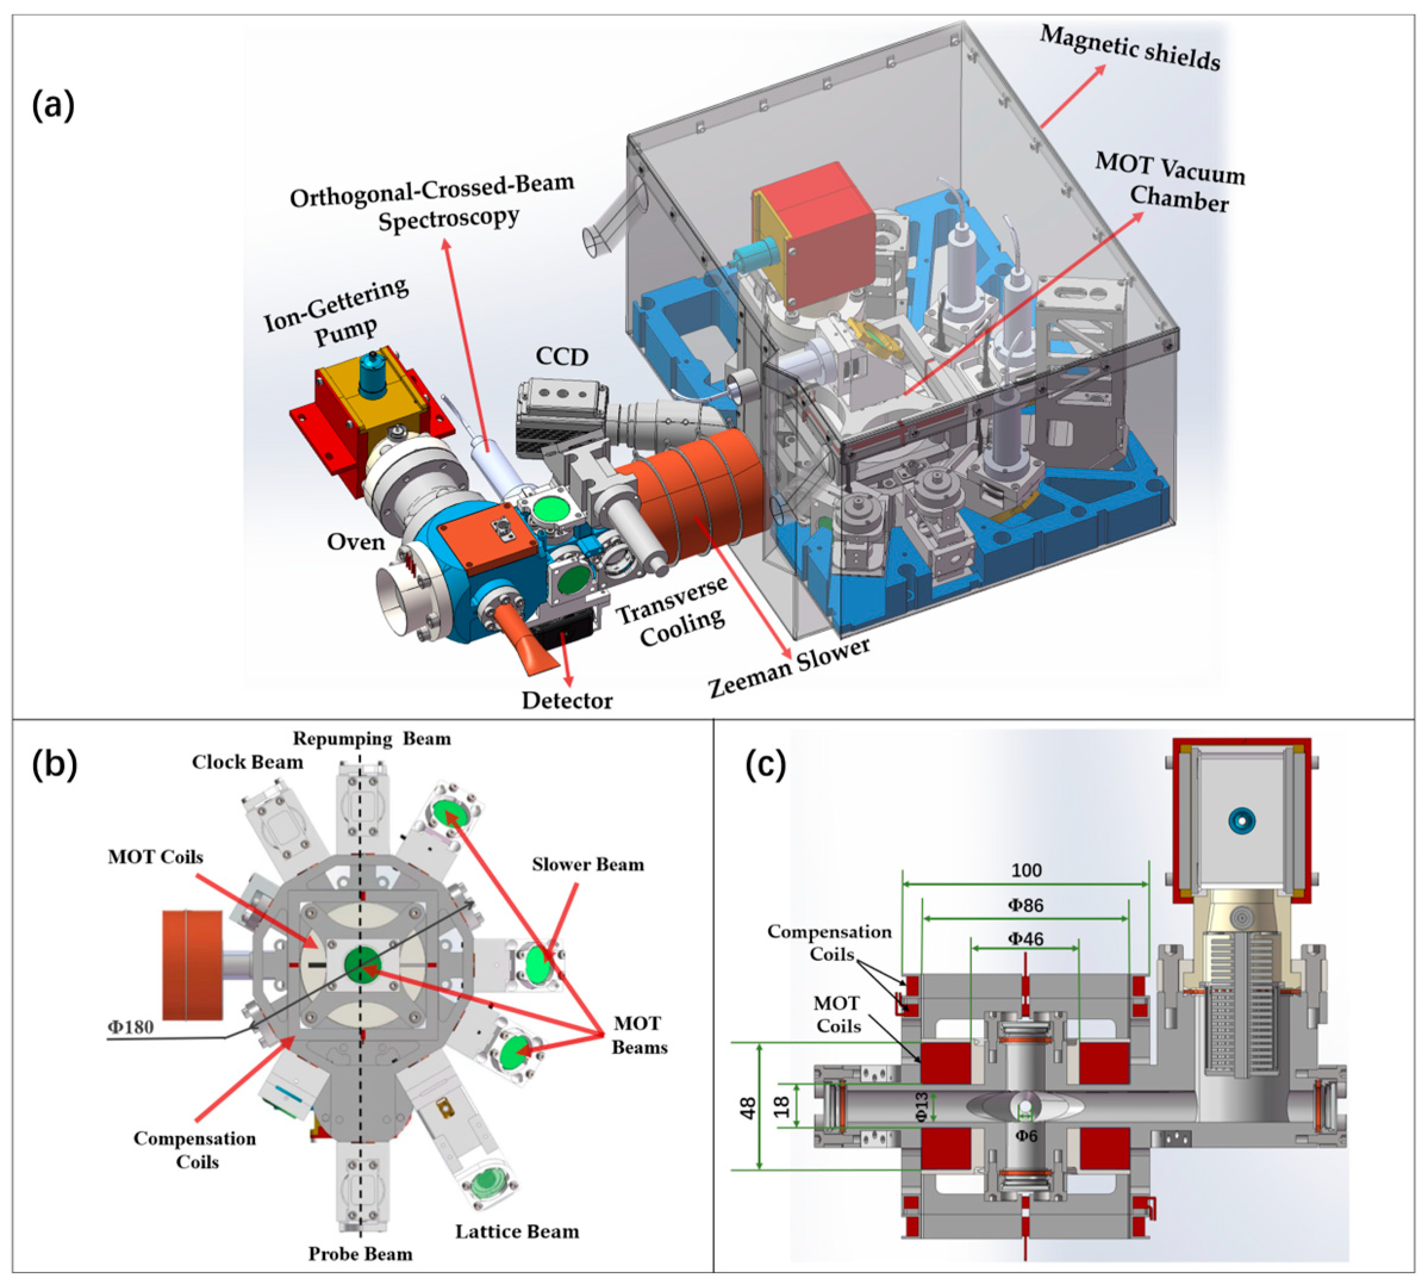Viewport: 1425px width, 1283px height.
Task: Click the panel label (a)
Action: (x=53, y=107)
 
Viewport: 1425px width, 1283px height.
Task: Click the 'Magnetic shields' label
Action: (x=1130, y=48)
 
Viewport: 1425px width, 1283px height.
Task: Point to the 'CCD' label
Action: (x=562, y=357)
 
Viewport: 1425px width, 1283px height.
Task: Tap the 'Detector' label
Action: (x=567, y=701)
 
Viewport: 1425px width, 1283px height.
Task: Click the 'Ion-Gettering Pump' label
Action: (x=337, y=313)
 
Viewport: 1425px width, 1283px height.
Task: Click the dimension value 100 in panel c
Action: (x=1026, y=870)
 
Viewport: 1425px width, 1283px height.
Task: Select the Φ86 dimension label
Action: (x=1026, y=905)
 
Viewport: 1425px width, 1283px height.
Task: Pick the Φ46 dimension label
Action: (x=1026, y=939)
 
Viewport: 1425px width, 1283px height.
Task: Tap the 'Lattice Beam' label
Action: (x=517, y=1232)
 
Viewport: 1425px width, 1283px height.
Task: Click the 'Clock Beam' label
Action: (x=248, y=762)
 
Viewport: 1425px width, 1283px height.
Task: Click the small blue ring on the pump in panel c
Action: (x=1238, y=820)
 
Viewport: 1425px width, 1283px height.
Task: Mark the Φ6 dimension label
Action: (x=1026, y=1136)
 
